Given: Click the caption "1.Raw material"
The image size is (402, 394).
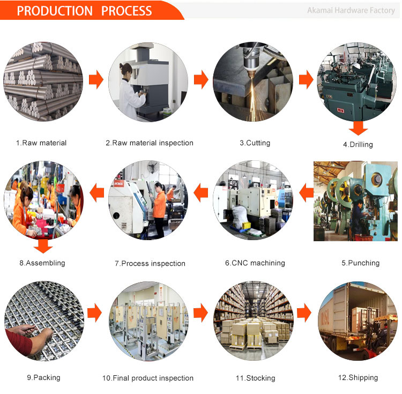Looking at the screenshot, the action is (41, 143).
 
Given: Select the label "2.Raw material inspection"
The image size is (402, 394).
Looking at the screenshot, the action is (149, 143).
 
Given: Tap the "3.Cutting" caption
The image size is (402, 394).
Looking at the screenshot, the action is (255, 143).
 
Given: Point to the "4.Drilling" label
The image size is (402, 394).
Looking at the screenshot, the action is (358, 144).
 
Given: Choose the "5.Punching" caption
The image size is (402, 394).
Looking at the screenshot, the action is (360, 263).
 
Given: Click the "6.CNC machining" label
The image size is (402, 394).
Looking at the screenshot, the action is (255, 263).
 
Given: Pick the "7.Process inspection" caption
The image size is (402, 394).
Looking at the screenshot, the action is (150, 263).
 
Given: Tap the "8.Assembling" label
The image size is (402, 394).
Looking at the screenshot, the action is (42, 263).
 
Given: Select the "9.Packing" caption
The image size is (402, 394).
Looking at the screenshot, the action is (43, 377).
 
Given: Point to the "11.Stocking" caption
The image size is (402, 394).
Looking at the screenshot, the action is (255, 378).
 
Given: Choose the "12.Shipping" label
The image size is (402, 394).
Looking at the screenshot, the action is (358, 377).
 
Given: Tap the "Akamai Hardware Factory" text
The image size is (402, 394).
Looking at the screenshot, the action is (351, 10).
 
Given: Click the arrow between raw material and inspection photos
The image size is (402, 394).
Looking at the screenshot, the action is (95, 80).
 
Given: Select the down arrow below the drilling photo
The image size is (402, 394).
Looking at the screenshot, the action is (358, 128).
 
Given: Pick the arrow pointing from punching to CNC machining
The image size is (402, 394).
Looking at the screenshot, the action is (306, 191).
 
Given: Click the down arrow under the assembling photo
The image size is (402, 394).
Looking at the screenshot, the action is (43, 246).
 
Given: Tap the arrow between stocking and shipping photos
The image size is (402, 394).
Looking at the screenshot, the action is (306, 311).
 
